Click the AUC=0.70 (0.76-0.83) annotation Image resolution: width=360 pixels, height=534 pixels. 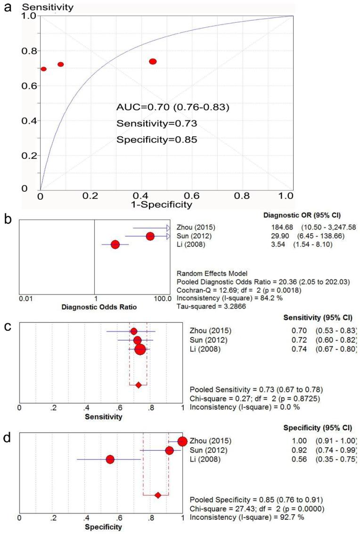point(173,107)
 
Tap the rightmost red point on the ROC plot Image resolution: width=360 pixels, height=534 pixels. point(153,62)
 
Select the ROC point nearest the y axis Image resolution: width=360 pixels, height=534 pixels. point(43,69)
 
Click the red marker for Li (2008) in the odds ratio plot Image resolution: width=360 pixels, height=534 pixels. point(115,245)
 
